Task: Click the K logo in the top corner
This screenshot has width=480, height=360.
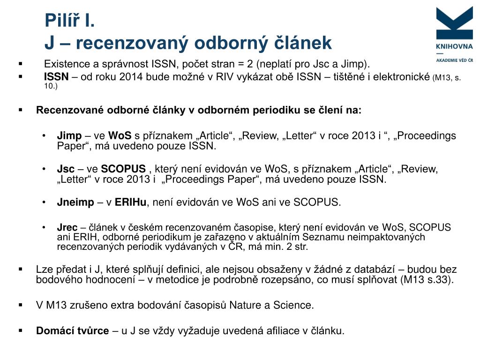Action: tap(454, 22)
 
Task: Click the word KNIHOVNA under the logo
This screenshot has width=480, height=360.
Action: tap(454, 46)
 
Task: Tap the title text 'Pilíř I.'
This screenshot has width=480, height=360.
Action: tap(70, 21)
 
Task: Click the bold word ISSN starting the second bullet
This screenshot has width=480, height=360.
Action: tap(56, 77)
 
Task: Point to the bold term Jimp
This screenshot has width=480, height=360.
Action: tap(69, 136)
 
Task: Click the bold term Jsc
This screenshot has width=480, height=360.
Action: tap(66, 169)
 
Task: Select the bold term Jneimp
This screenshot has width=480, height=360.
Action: tap(75, 202)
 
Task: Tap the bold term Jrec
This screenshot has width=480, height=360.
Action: tap(67, 227)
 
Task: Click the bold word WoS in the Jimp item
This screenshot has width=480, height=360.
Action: tap(120, 136)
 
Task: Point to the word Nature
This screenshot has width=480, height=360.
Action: tap(245, 305)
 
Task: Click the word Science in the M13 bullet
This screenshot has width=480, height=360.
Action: tap(293, 305)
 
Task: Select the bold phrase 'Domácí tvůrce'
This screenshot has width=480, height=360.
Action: tap(73, 330)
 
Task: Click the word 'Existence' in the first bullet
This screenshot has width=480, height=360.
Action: tap(63, 64)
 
